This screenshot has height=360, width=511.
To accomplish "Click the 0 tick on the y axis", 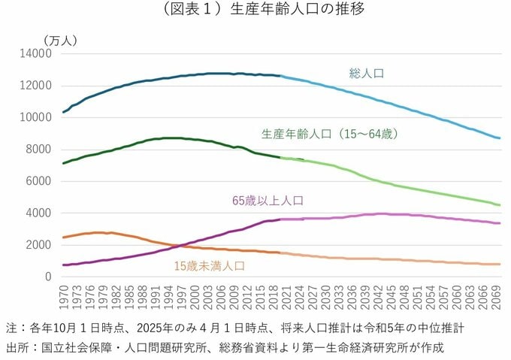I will tap(47, 277).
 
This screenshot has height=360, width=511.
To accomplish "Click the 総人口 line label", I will tap(367, 74).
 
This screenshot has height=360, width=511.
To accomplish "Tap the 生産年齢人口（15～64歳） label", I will tap(329, 134).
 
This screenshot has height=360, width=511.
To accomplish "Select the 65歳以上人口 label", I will tap(272, 201).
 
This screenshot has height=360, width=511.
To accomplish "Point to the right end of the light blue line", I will tap(500, 138).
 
